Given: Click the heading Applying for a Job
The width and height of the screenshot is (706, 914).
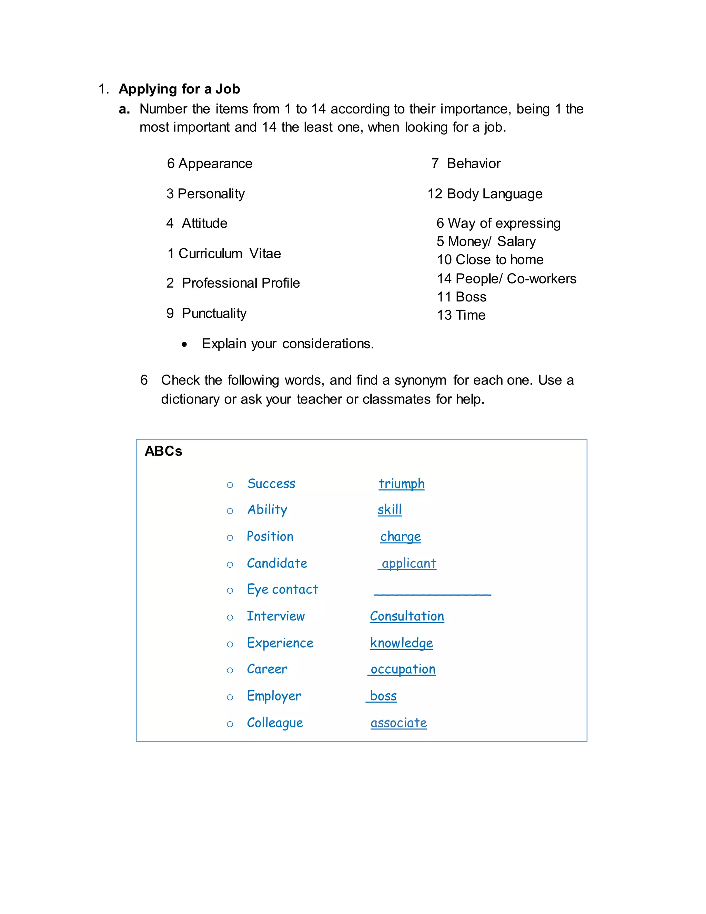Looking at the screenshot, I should pyautogui.click(x=179, y=89).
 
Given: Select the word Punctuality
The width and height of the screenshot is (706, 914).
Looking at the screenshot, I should pyautogui.click(x=214, y=314).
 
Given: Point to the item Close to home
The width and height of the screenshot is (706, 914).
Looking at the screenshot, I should pyautogui.click(x=500, y=260).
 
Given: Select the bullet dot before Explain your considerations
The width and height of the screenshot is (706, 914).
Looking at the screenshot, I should pyautogui.click(x=184, y=345).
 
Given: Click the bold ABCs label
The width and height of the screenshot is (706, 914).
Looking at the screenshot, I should pyautogui.click(x=163, y=451).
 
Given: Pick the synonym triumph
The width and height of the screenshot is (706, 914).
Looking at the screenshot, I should pyautogui.click(x=402, y=484).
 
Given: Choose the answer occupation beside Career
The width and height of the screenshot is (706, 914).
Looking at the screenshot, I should pyautogui.click(x=403, y=669).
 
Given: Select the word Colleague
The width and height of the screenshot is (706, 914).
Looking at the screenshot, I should pyautogui.click(x=275, y=723).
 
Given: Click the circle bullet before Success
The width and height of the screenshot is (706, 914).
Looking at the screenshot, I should pyautogui.click(x=230, y=485).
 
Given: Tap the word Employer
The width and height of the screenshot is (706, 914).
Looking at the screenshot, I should pyautogui.click(x=274, y=696).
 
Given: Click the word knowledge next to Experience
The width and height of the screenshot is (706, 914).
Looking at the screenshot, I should pyautogui.click(x=401, y=643).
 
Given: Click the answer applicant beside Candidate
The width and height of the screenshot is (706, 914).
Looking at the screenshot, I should pyautogui.click(x=409, y=564).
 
